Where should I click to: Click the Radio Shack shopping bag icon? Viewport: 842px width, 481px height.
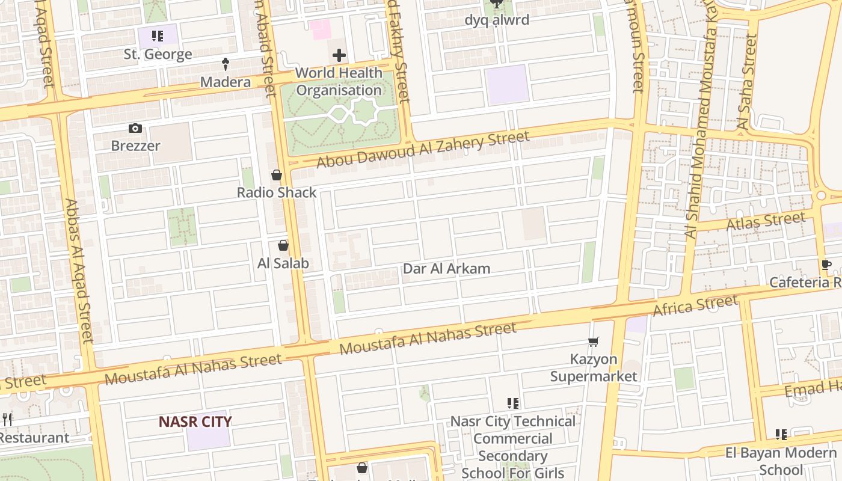[x=277, y=175]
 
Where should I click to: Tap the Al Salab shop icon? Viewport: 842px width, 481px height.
[x=283, y=245]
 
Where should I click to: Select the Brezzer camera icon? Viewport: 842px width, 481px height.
[x=135, y=128]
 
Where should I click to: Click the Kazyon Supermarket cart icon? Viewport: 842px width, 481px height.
[x=594, y=342]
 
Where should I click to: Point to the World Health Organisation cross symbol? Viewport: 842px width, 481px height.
[x=339, y=56]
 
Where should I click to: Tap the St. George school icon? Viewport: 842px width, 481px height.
[x=158, y=36]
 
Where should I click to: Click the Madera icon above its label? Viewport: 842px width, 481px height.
[x=226, y=63]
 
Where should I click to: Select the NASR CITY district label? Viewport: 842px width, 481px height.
[x=195, y=421]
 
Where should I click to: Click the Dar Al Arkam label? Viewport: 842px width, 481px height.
[x=446, y=269]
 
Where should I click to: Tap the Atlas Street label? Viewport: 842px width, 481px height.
[x=766, y=221]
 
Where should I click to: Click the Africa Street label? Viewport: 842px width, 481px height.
[x=695, y=305]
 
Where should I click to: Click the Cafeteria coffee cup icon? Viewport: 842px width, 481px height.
[x=826, y=265]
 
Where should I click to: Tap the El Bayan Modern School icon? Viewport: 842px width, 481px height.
[x=781, y=434]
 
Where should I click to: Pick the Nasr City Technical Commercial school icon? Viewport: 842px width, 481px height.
[x=513, y=403]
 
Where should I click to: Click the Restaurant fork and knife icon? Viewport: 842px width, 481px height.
[x=7, y=419]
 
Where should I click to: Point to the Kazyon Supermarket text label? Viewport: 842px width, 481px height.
[x=593, y=368]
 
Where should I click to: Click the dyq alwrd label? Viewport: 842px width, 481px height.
[x=497, y=20]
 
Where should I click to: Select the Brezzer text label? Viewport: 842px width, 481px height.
[x=135, y=146]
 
